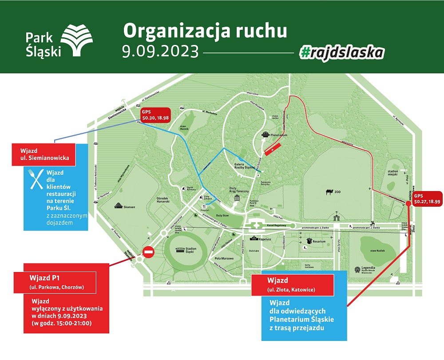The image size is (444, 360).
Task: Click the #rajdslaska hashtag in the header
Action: [x=342, y=52]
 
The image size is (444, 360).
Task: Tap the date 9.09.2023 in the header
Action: [x=160, y=51]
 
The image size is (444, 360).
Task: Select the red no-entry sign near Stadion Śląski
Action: [x=148, y=253]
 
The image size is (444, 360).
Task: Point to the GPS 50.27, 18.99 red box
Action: [x=427, y=198]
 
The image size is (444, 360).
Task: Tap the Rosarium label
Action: [x=319, y=241]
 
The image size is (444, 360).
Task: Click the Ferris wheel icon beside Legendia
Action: [x=358, y=269]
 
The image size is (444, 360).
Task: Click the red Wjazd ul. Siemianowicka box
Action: [x=43, y=154]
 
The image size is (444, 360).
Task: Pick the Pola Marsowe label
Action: [x=224, y=258]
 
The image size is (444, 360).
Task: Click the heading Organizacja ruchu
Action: [x=205, y=31]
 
